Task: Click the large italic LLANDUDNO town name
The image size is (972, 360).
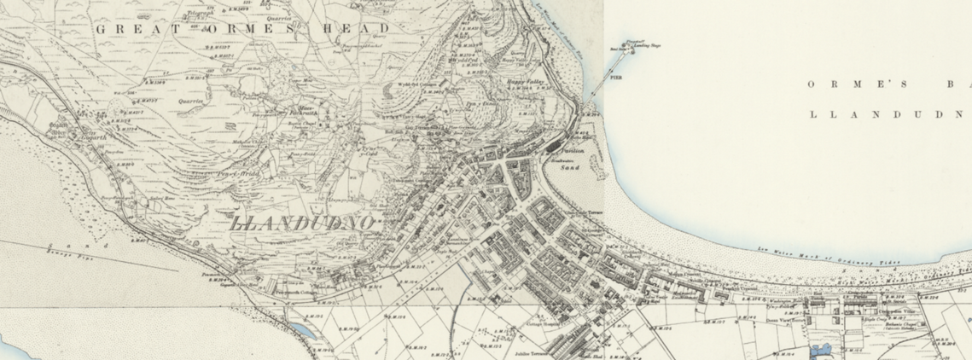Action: coord(303,224)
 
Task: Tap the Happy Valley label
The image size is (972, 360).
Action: coord(527,83)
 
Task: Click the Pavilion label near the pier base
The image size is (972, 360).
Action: coord(572,149)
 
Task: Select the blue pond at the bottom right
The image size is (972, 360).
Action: coord(822,350)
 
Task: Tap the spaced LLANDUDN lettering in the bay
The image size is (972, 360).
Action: coord(888,113)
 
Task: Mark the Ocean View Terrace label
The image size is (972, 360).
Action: coord(762,313)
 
